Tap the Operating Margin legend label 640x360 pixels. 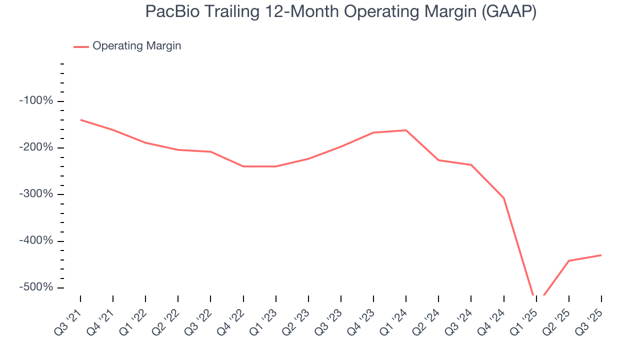point(136,46)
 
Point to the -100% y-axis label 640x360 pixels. point(36,101)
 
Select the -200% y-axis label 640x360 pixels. point(36,147)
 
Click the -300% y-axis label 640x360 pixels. point(36,194)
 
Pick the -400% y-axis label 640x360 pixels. point(36,240)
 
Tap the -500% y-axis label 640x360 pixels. point(36,287)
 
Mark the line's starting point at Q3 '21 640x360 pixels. point(80,120)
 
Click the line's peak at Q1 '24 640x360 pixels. point(406,130)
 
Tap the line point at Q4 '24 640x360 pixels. point(503,198)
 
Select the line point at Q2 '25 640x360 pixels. point(568,260)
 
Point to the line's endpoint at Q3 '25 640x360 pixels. point(601,255)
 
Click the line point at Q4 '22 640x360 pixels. point(243,166)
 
